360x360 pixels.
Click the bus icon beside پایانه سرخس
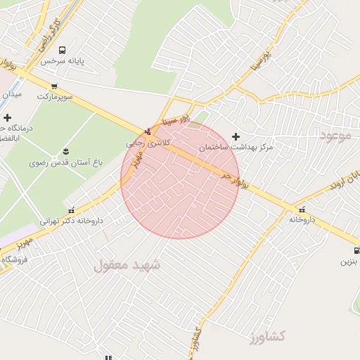click(63, 50)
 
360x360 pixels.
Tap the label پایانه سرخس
click(62, 61)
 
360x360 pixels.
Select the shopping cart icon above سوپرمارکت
click(55, 86)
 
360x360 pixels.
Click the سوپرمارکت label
click(55, 96)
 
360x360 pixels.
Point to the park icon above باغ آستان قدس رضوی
click(66, 152)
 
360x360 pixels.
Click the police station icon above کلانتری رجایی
click(148, 131)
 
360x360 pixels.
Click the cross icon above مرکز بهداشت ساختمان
click(236, 136)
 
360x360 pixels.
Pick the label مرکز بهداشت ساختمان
click(235, 148)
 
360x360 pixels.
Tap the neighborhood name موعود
click(334, 135)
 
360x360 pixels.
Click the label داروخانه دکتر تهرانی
click(71, 220)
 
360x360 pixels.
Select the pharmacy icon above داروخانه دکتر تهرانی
click(71, 210)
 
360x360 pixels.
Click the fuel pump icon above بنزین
click(356, 250)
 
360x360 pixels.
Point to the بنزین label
click(349, 262)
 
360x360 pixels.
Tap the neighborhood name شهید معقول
click(127, 265)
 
